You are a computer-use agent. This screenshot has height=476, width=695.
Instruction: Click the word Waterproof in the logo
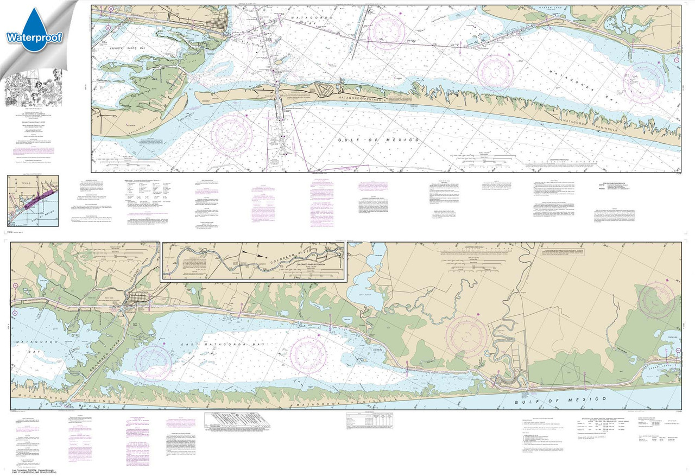click(x=33, y=37)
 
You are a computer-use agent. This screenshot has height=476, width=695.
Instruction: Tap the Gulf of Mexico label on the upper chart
click(x=380, y=140)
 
